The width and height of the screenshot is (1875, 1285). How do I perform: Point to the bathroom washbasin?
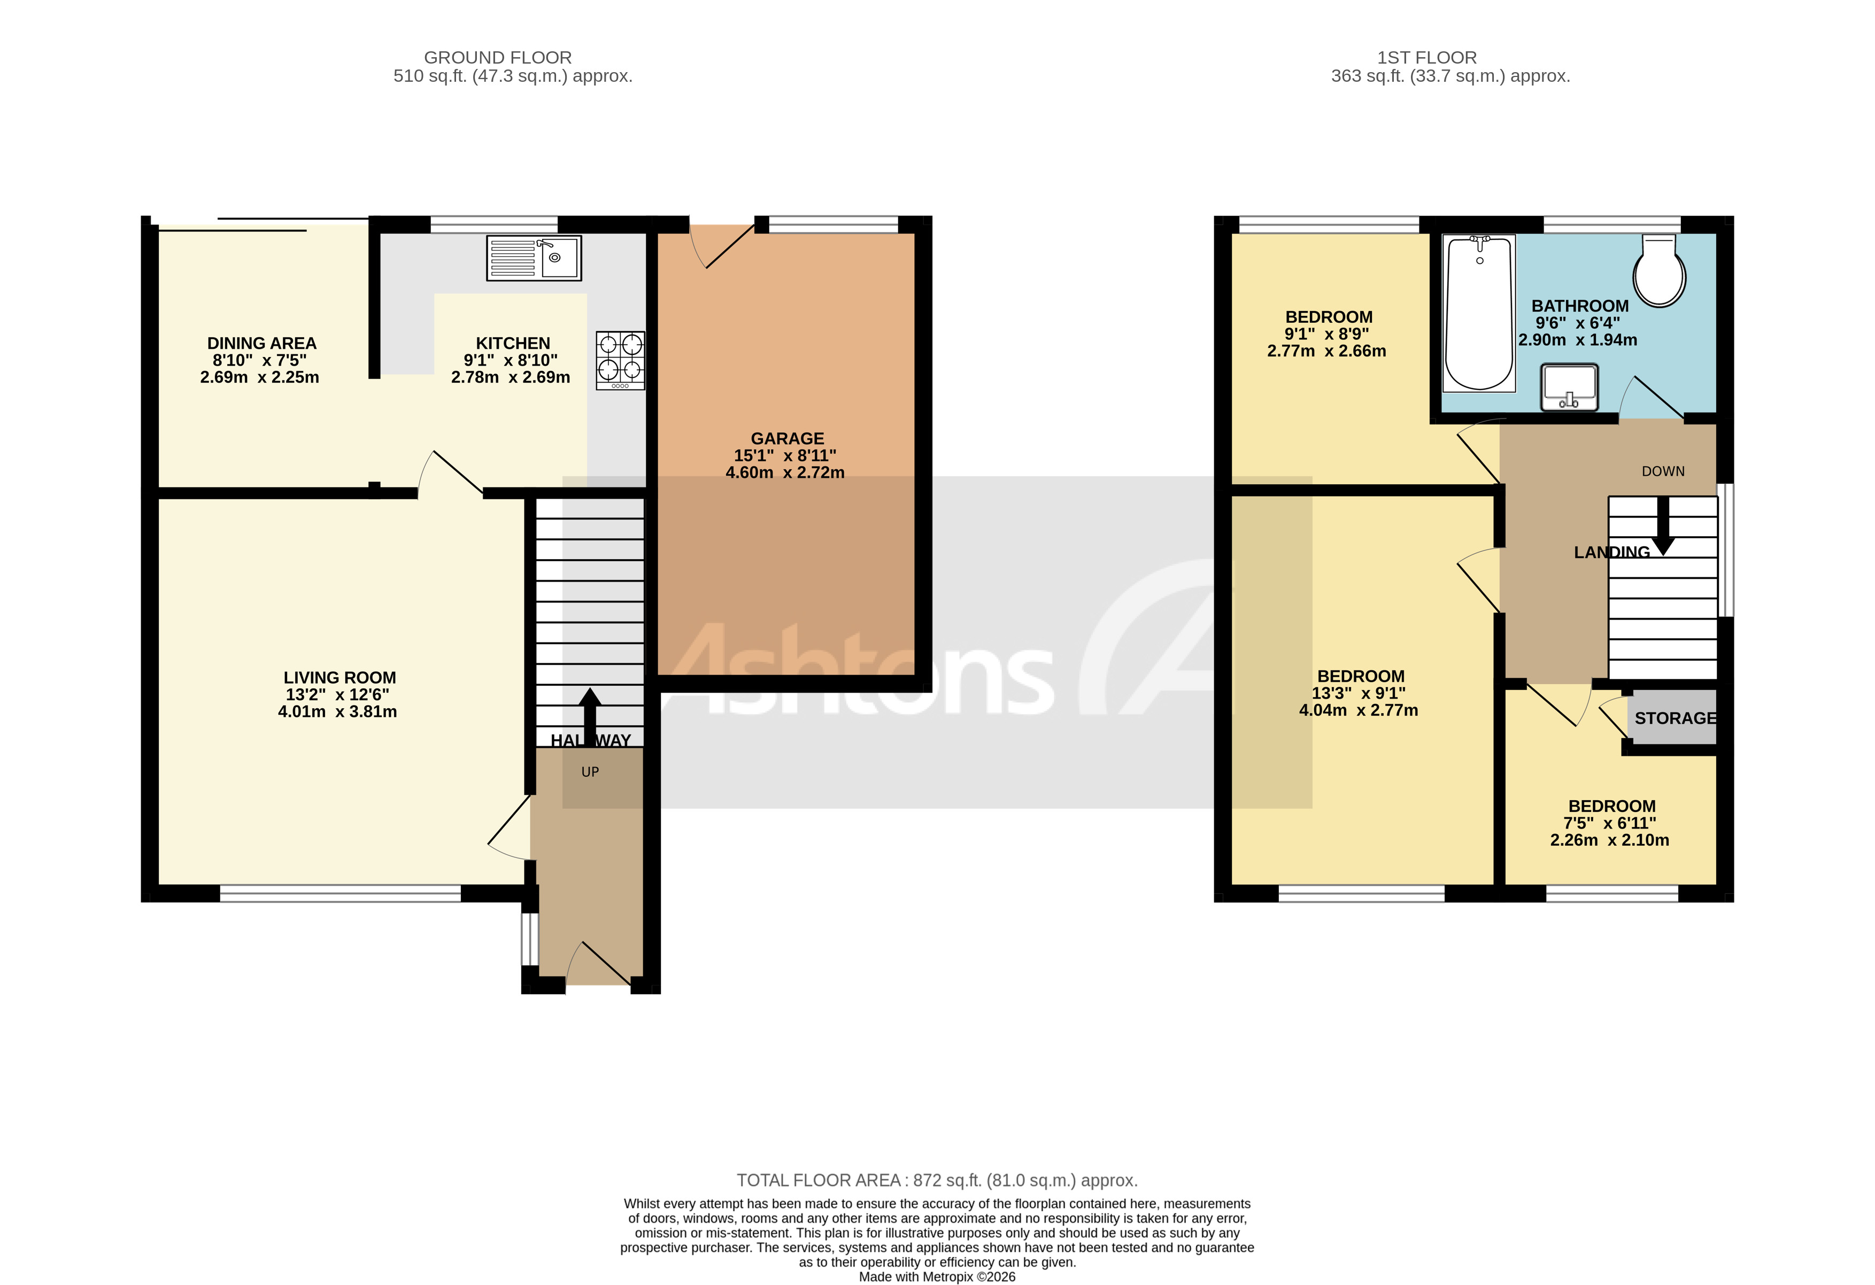click(x=1569, y=386)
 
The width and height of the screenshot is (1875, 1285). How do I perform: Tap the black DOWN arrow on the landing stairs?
click(x=1663, y=528)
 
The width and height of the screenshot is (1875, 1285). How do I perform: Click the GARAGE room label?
click(x=786, y=439)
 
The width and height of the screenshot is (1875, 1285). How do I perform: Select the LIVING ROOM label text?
click(x=339, y=678)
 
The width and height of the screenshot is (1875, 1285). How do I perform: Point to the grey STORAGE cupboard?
click(x=1672, y=717)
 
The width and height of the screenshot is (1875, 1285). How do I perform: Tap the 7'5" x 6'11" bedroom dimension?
click(x=1610, y=823)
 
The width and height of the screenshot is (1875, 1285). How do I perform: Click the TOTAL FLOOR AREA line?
click(x=937, y=1180)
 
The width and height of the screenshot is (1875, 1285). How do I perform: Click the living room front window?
click(x=339, y=893)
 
